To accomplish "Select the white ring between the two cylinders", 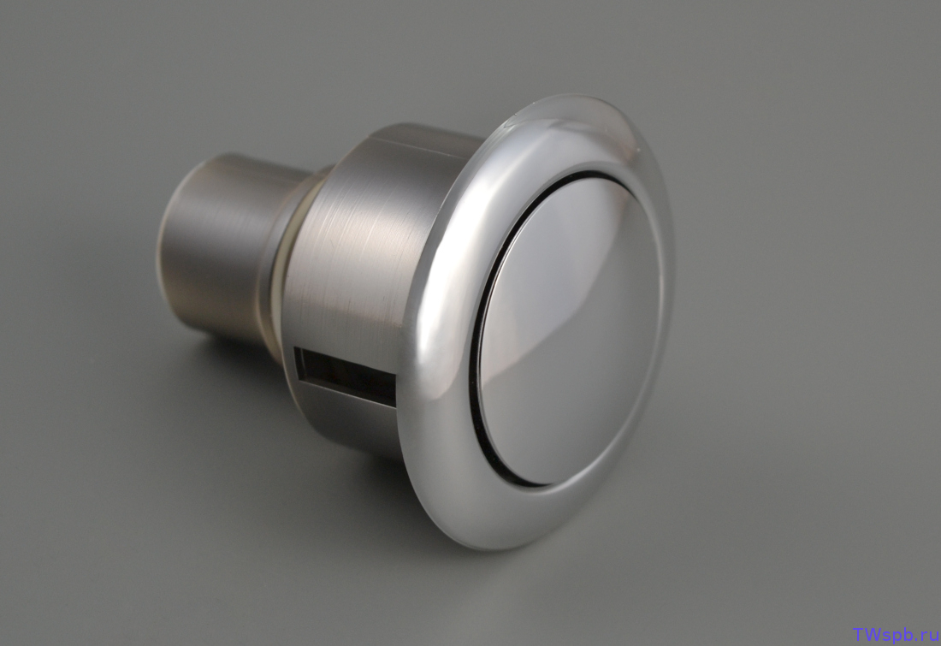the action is (x=283, y=264).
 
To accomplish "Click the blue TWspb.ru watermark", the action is (x=896, y=634).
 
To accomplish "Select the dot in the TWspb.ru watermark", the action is (x=919, y=639).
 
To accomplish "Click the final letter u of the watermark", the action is (x=933, y=636).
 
